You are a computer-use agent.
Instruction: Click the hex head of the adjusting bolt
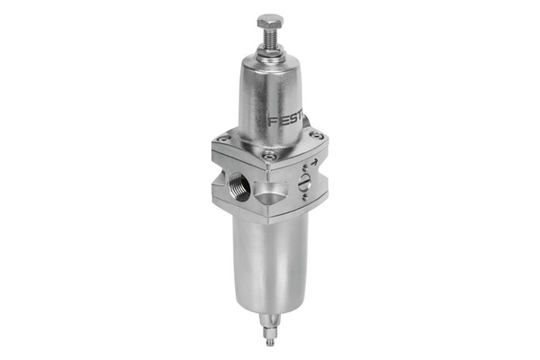(x=270, y=21)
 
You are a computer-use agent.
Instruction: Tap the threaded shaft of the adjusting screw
(x=270, y=39)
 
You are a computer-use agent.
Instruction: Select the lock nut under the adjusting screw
(x=270, y=53)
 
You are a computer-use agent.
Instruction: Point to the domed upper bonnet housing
(x=270, y=99)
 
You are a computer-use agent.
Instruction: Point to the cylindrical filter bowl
(x=270, y=261)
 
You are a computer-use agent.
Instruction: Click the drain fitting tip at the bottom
(x=270, y=344)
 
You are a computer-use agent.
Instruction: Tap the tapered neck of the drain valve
(x=270, y=323)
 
